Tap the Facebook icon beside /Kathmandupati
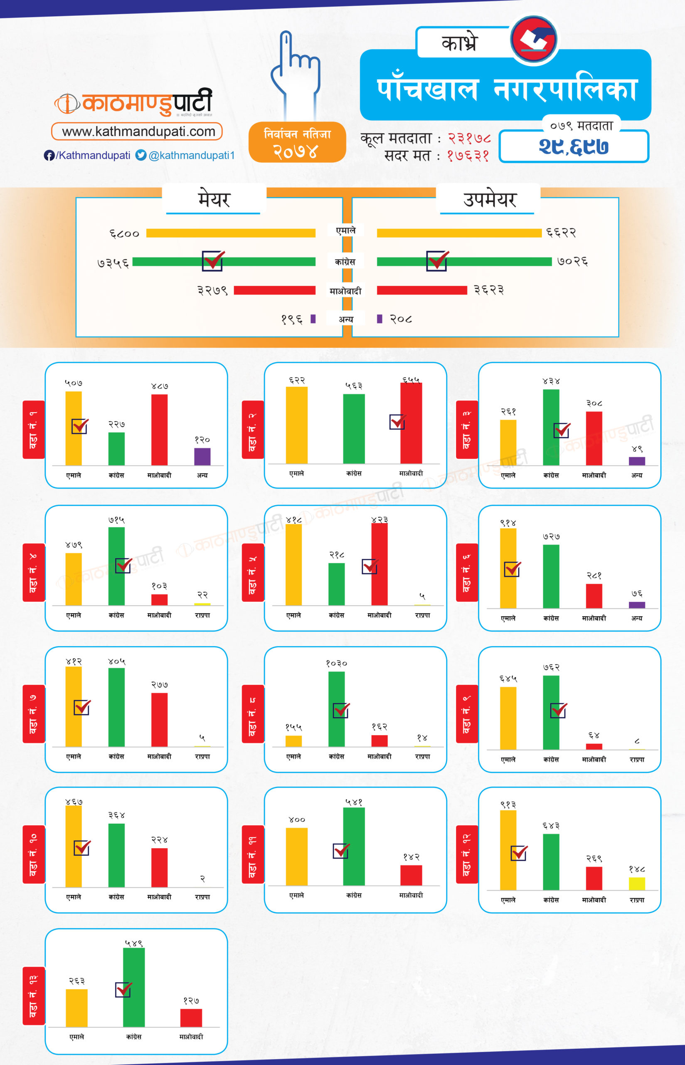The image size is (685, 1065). click(x=49, y=155)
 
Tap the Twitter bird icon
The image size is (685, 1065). click(x=141, y=155)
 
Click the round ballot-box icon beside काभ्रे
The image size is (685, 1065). click(x=534, y=39)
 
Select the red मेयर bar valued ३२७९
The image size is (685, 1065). click(x=274, y=291)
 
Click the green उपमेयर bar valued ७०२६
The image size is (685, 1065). click(x=464, y=262)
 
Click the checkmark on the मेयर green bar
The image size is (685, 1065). click(x=213, y=260)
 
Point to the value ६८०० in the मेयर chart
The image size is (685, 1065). click(x=125, y=233)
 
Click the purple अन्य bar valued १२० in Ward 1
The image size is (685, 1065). click(x=202, y=457)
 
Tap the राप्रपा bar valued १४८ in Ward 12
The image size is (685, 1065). click(x=636, y=884)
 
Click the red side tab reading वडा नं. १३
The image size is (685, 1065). click(x=34, y=995)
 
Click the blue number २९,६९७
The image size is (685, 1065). click(x=573, y=146)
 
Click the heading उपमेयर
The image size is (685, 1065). click(x=489, y=200)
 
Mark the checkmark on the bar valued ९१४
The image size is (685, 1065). click(x=512, y=569)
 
